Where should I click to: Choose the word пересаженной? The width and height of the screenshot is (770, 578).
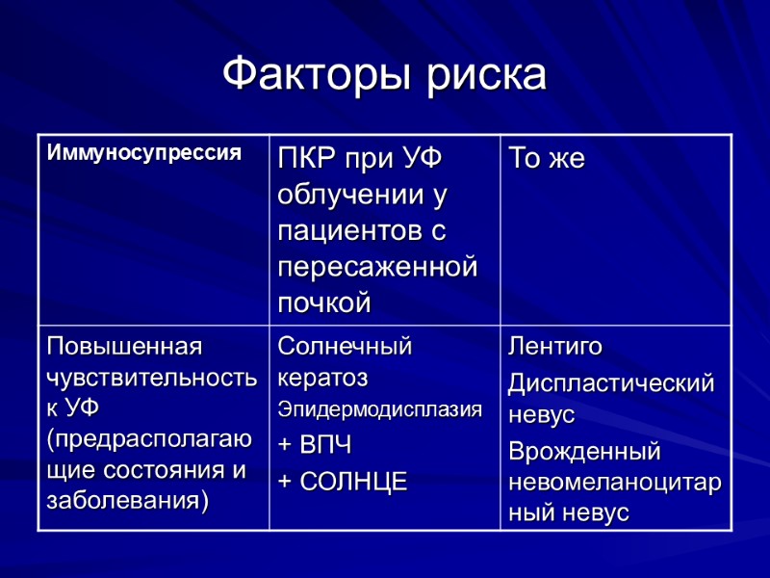click(377, 267)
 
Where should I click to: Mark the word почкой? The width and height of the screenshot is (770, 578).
click(324, 302)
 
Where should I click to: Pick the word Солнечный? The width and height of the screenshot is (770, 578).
click(345, 346)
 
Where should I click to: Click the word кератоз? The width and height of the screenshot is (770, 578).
click(322, 377)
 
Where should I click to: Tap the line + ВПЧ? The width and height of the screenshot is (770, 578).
click(315, 445)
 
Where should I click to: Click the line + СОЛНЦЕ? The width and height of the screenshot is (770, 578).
click(343, 481)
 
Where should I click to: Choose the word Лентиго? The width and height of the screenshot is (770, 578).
click(555, 346)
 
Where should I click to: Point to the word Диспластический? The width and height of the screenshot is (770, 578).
click(611, 382)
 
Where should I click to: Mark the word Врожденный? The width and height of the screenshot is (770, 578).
click(584, 451)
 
